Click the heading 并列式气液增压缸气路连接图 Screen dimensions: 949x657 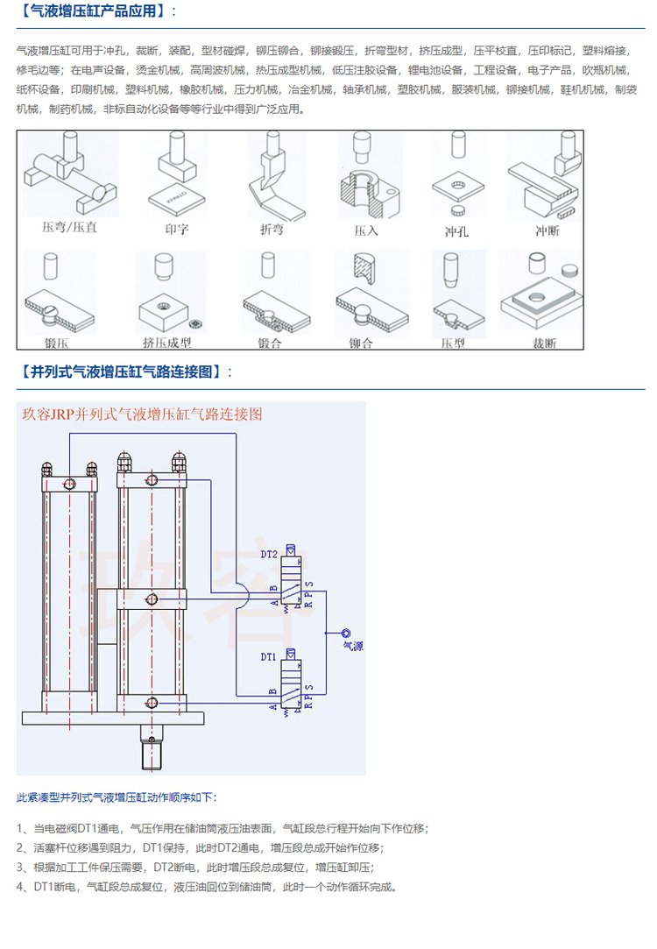[x=124, y=372]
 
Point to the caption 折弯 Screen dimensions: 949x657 [x=272, y=230]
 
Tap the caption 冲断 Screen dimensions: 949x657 [x=547, y=230]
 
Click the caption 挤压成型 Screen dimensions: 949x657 [x=166, y=343]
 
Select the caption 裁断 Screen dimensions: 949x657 [x=544, y=343]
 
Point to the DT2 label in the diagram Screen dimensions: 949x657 [x=269, y=554]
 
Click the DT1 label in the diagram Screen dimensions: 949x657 [x=269, y=655]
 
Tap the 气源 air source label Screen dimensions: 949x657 [x=352, y=647]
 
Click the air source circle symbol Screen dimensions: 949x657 [x=346, y=633]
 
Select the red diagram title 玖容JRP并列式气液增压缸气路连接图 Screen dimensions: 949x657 [x=142, y=414]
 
